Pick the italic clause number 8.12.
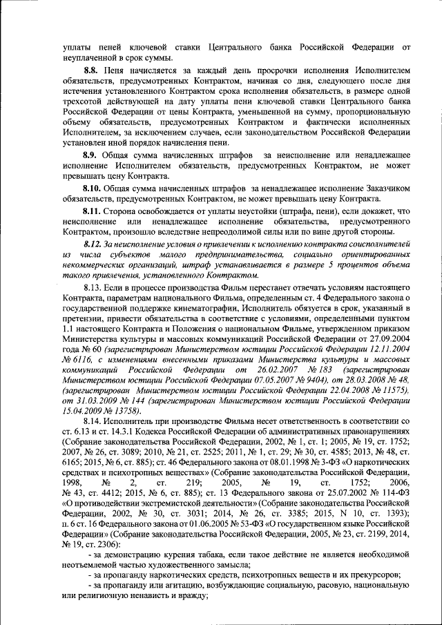pyautogui.click(x=92, y=244)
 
